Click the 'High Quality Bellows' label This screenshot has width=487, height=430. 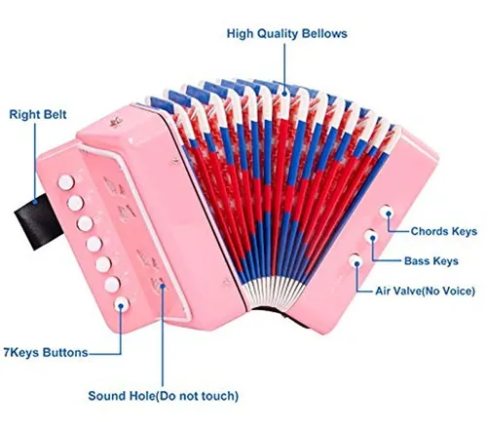[x=287, y=34]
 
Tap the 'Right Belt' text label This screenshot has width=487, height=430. [x=38, y=115]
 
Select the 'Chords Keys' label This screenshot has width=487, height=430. [x=444, y=231]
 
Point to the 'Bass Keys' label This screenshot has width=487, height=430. [x=431, y=261]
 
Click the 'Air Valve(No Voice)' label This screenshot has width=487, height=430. [x=425, y=291]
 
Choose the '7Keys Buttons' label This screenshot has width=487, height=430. [x=46, y=353]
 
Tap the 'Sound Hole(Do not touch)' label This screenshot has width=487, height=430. [x=164, y=396]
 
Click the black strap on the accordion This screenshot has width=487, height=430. [x=38, y=220]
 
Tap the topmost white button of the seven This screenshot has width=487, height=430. [x=66, y=182]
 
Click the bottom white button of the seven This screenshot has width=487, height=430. [x=122, y=305]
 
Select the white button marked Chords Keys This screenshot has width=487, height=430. [x=387, y=213]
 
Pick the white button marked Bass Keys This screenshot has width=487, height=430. [x=371, y=237]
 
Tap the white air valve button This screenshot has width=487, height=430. [x=356, y=261]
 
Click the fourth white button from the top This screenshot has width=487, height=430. [x=94, y=244]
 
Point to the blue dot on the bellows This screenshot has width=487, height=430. [x=284, y=94]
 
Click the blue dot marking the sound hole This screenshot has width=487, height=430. [x=163, y=286]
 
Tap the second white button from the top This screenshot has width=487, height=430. [x=75, y=203]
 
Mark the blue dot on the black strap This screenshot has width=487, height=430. [x=35, y=202]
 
